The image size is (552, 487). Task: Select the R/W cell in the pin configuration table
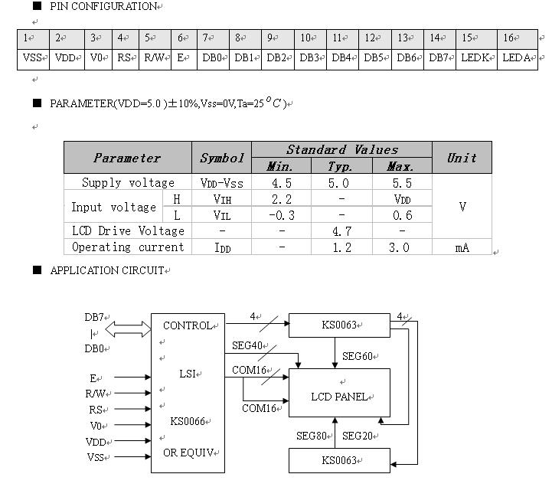click(153, 58)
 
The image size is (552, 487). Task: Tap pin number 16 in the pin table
click(508, 38)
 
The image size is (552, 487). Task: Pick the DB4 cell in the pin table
click(341, 58)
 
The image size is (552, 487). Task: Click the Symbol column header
click(221, 158)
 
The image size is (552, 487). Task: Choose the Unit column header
click(462, 158)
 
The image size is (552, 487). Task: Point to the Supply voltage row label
click(128, 183)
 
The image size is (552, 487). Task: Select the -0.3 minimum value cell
click(282, 215)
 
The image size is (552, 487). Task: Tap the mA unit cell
click(462, 247)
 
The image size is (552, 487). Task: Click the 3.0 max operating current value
click(401, 247)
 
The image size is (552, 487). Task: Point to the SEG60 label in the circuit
click(358, 356)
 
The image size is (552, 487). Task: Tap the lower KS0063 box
click(339, 460)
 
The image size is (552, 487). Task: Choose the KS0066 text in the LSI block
click(188, 421)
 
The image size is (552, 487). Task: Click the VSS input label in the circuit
click(96, 457)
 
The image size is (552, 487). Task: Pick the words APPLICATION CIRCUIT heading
click(106, 270)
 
